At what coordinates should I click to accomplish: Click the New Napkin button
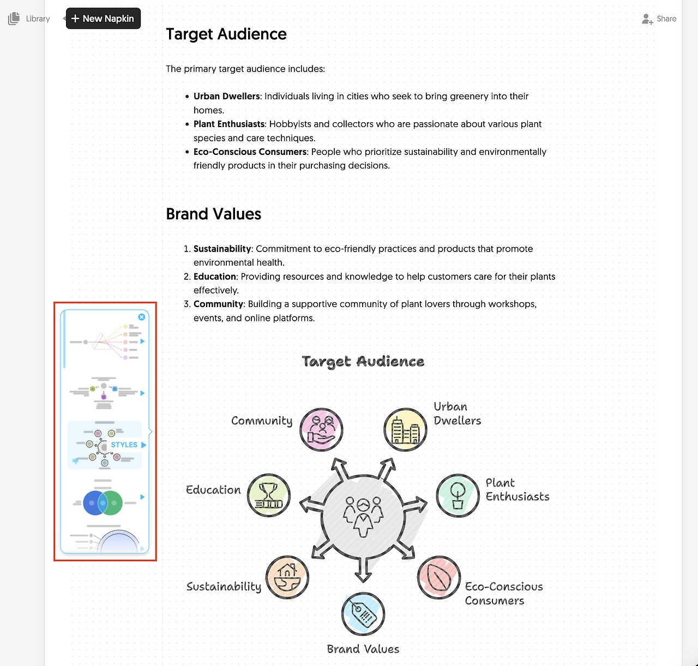point(103,19)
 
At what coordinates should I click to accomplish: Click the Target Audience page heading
point(226,34)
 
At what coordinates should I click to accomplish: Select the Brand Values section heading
point(213,214)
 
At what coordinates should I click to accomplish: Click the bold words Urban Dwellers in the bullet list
point(226,96)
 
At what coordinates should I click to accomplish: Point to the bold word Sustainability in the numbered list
point(222,249)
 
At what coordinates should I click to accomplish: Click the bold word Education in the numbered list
point(214,277)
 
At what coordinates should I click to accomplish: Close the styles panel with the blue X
point(142,317)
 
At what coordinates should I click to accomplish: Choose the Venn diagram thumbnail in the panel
point(103,502)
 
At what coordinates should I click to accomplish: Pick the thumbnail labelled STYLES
point(104,445)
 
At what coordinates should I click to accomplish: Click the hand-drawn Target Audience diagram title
point(363,361)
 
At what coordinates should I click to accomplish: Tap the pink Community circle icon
point(322,429)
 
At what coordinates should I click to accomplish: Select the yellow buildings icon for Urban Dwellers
point(405,429)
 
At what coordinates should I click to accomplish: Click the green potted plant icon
point(458,495)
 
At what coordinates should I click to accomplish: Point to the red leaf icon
point(439,578)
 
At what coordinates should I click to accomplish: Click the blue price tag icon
point(363,614)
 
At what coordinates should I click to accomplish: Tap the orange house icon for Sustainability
point(287,577)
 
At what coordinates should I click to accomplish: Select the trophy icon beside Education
point(268,495)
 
